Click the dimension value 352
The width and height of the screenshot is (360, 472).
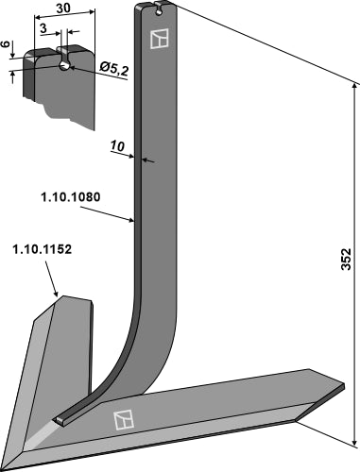(x=346, y=257)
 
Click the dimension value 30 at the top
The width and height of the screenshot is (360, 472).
(x=61, y=7)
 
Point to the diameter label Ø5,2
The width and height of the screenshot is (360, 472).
(x=113, y=67)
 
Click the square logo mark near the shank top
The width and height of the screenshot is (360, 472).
(x=159, y=39)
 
